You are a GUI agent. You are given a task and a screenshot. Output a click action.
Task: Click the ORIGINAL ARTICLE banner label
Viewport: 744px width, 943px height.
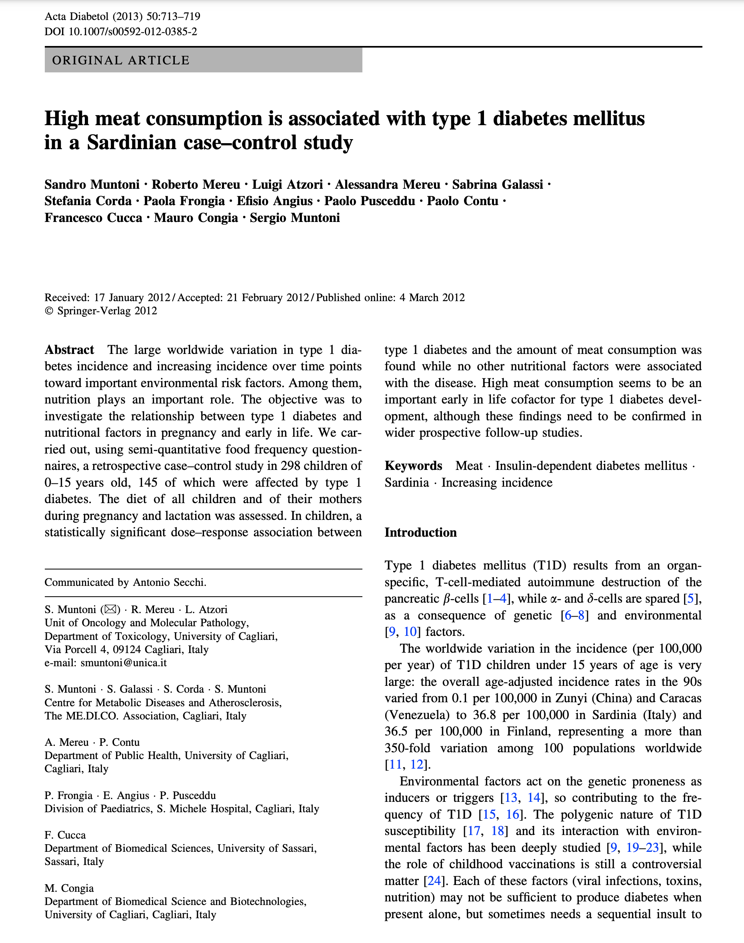point(121,60)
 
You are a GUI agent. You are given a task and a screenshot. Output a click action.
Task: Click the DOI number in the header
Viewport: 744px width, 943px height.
point(133,31)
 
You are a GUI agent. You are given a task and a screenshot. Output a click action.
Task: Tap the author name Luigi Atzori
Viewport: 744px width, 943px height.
point(288,184)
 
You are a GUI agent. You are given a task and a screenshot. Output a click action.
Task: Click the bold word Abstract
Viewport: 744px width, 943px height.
point(69,350)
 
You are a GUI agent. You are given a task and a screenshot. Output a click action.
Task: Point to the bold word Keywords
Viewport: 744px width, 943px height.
point(413,466)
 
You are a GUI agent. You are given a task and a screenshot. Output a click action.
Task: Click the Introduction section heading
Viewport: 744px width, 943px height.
point(420,532)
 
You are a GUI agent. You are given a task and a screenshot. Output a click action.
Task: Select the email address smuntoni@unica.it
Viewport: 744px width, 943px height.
point(124,663)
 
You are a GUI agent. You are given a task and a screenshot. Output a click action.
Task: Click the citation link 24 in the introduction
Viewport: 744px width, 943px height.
point(434,881)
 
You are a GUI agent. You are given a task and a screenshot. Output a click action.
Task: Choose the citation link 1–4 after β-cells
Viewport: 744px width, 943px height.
point(496,598)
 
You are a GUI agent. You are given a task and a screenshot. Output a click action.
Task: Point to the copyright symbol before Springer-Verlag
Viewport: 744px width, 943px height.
point(49,311)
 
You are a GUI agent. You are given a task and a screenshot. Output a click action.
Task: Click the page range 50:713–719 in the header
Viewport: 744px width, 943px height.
point(173,16)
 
